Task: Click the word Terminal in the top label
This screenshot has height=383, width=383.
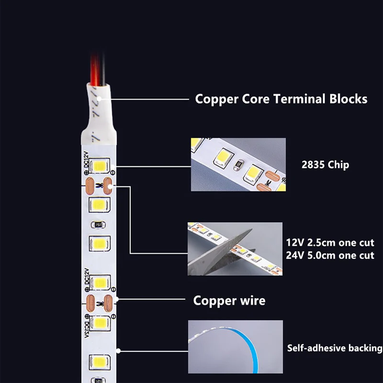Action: (x=299, y=99)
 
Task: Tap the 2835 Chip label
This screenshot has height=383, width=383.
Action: (x=325, y=165)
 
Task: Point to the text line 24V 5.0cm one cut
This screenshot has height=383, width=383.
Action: (x=330, y=255)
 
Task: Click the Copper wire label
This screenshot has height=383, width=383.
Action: (x=229, y=301)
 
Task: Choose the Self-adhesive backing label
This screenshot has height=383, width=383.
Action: (x=335, y=348)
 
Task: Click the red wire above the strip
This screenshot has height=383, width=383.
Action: (x=95, y=69)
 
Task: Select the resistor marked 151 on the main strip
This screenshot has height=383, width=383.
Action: (x=98, y=225)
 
